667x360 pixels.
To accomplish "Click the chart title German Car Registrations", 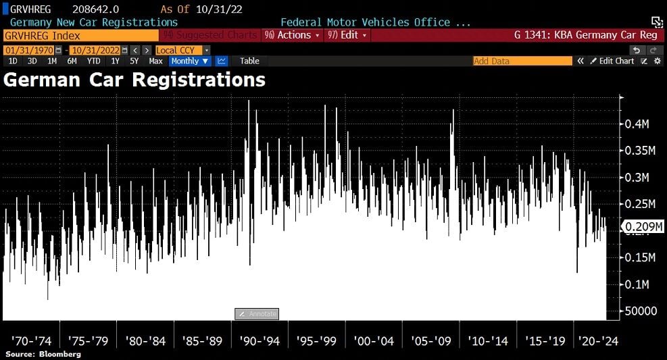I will [134, 80].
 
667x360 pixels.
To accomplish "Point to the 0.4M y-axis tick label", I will [637, 124].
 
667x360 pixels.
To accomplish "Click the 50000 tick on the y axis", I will [639, 311].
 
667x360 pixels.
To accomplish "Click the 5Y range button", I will [134, 61].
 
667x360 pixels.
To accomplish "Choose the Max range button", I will [155, 61].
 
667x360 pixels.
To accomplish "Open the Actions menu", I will [293, 35].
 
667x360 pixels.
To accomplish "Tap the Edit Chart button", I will [612, 61].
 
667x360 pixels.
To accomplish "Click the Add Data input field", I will [522, 61].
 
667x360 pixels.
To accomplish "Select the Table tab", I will [249, 61].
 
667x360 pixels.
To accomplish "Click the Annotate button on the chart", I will [257, 314].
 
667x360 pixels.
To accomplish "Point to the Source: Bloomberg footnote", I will [43, 354].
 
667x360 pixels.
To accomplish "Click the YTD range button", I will [93, 61].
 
